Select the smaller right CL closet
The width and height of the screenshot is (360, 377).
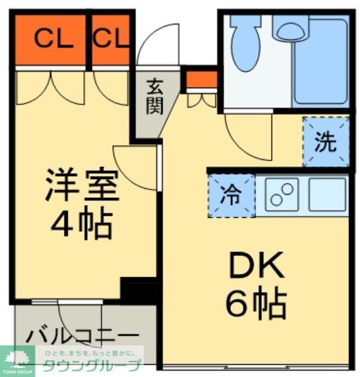click(x=111, y=40)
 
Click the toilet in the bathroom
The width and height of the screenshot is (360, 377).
click(x=245, y=42)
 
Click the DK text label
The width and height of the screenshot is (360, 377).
click(x=255, y=264)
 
